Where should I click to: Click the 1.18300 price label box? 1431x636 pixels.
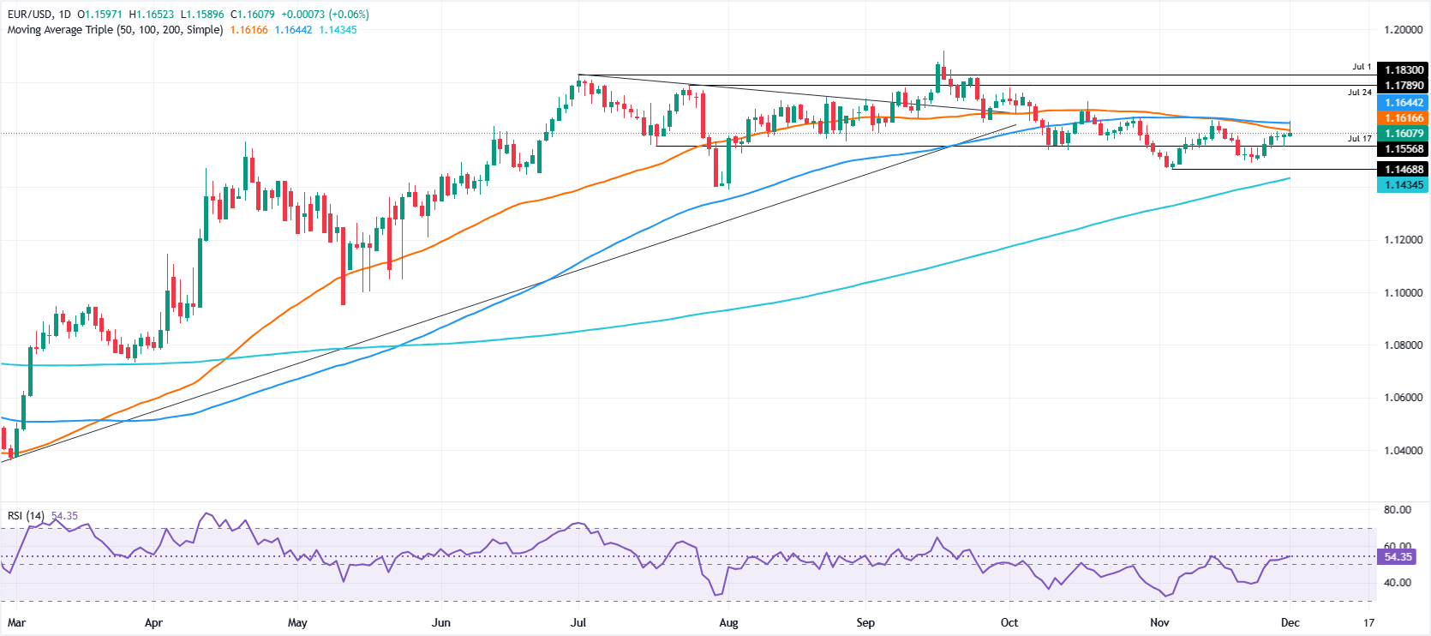point(1404,70)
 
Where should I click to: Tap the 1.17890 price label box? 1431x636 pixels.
point(1404,86)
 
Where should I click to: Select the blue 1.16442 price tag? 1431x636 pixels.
point(1404,103)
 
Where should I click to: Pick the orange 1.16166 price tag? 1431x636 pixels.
point(1404,118)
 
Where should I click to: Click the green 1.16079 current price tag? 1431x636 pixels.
point(1404,134)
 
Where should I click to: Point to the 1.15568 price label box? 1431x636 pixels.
point(1404,149)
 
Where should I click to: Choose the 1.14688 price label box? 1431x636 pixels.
point(1404,170)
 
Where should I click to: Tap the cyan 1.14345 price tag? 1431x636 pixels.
point(1404,185)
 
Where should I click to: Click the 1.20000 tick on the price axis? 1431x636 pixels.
point(1403,30)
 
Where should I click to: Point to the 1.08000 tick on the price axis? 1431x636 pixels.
point(1403,345)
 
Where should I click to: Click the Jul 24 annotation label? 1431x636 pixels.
point(1359,93)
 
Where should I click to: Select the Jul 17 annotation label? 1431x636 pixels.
point(1359,138)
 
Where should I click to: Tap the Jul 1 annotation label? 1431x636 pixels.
point(1362,67)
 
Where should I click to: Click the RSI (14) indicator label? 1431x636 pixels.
point(26,516)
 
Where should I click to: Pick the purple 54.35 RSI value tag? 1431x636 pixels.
point(1397,557)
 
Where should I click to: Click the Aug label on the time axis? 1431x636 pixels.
point(728,623)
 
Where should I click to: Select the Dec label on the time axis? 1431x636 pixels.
point(1290,623)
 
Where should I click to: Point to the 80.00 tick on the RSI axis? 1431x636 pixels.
point(1397,510)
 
